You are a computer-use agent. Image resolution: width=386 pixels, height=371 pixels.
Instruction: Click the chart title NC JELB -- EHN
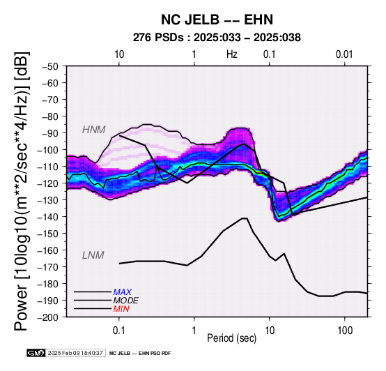(x=217, y=20)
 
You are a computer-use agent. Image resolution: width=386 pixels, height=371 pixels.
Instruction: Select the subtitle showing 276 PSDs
(x=217, y=38)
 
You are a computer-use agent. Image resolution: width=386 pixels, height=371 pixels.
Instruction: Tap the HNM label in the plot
(x=94, y=130)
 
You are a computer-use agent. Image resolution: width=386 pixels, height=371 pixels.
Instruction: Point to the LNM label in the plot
(x=93, y=255)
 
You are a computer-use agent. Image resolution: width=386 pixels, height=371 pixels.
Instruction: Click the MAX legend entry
(x=123, y=292)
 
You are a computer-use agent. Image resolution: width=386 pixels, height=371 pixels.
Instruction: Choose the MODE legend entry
(x=126, y=301)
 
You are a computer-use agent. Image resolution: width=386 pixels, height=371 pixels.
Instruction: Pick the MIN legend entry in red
(x=121, y=309)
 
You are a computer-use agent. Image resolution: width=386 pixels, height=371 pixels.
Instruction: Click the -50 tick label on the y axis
(x=50, y=66)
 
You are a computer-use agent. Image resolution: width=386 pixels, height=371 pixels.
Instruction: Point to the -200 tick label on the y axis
(x=48, y=317)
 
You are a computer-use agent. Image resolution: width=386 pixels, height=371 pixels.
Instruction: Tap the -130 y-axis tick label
(x=48, y=200)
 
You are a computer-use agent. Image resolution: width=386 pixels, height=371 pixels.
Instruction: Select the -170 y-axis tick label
(x=48, y=267)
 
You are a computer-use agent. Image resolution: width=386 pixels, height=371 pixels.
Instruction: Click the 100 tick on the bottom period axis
(x=345, y=331)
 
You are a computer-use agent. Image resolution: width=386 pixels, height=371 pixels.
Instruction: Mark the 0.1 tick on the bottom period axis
(x=119, y=331)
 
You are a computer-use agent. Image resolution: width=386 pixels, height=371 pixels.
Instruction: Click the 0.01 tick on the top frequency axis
(x=344, y=54)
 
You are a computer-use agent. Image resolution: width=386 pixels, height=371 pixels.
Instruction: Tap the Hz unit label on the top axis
(x=232, y=54)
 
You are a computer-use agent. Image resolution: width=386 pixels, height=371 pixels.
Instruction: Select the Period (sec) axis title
(x=232, y=338)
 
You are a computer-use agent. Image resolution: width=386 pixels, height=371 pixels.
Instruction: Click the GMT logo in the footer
(x=36, y=353)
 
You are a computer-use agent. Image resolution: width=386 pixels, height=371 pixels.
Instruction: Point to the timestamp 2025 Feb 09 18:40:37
(x=75, y=353)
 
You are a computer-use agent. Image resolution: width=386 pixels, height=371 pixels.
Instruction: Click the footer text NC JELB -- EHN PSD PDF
(x=140, y=354)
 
